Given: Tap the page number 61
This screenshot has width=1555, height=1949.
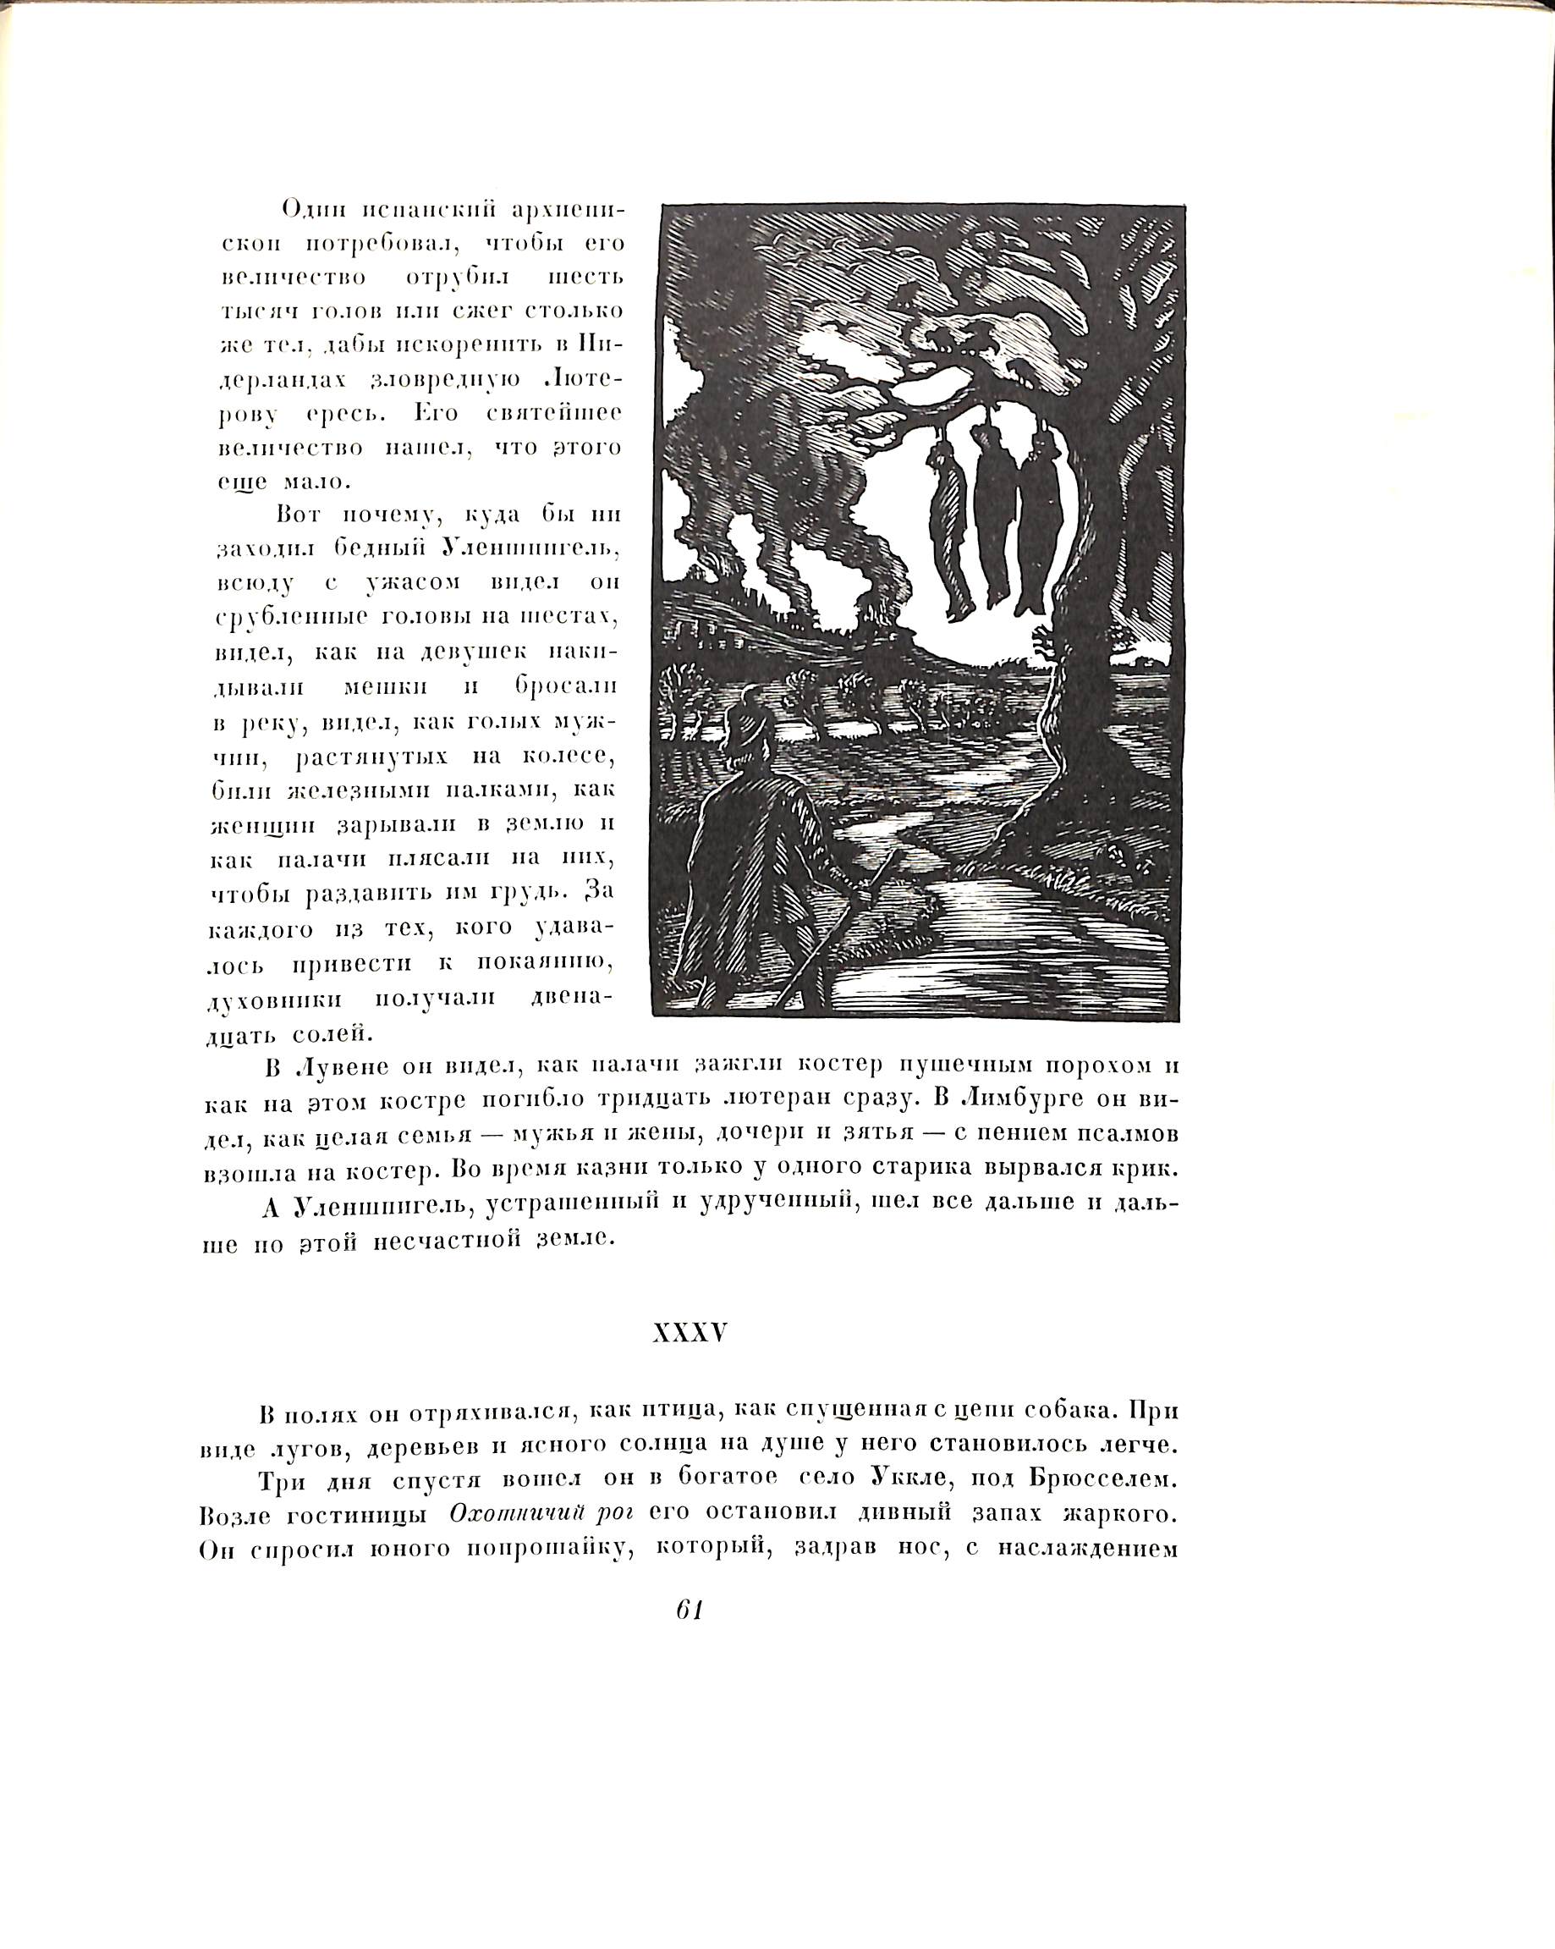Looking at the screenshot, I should [x=690, y=1610].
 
